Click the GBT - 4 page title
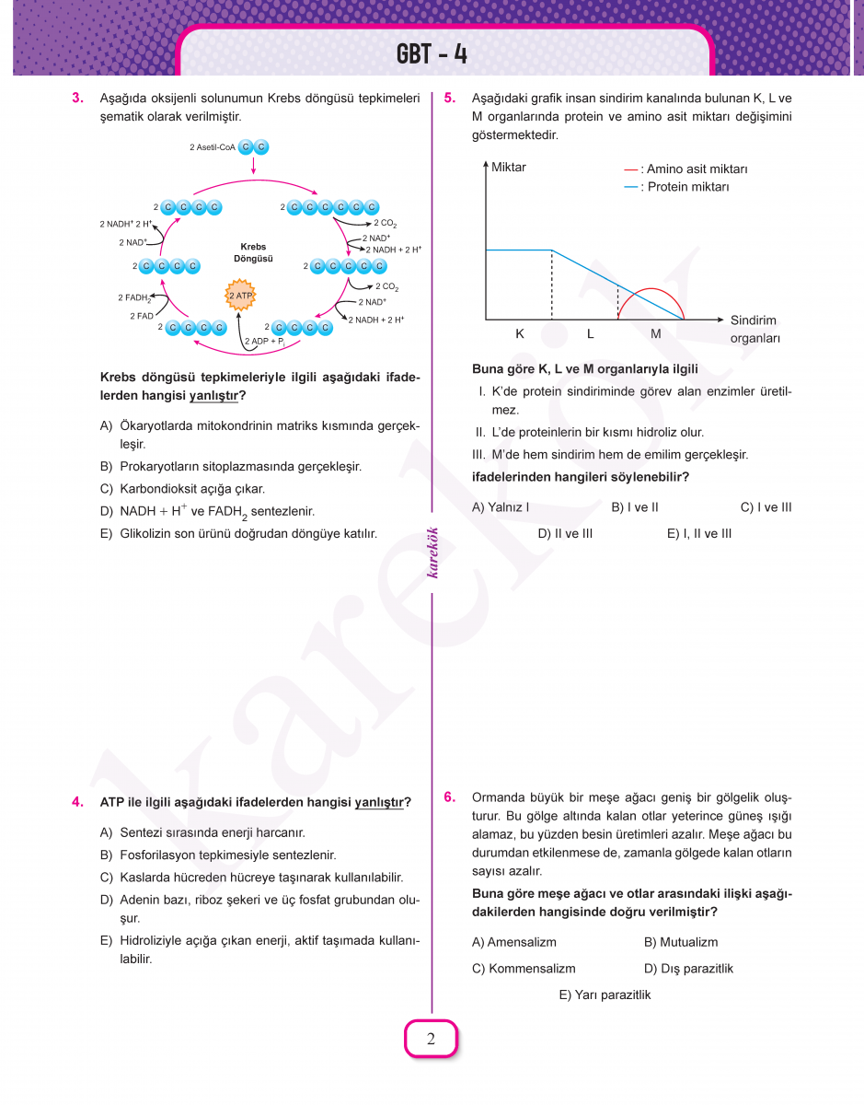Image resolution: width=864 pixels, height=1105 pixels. click(432, 53)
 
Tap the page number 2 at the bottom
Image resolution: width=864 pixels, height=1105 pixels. click(431, 1040)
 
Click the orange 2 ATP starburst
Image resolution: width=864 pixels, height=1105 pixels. click(239, 296)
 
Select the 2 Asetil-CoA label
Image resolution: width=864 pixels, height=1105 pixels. click(213, 147)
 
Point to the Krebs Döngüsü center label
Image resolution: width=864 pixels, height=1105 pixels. click(253, 252)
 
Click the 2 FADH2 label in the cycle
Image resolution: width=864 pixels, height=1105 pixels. click(134, 297)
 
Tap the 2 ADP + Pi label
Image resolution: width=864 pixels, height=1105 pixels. click(267, 342)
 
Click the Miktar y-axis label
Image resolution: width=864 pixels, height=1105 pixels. click(509, 168)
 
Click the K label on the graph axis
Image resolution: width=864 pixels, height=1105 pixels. click(520, 334)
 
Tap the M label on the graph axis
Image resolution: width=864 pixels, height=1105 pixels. click(656, 334)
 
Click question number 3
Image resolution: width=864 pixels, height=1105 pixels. click(78, 98)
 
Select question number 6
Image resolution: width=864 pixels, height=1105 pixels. click(450, 797)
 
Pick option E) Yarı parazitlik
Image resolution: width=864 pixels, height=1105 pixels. click(605, 994)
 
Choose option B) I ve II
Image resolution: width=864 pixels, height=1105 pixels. click(635, 507)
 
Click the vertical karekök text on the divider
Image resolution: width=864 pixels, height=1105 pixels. click(432, 552)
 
